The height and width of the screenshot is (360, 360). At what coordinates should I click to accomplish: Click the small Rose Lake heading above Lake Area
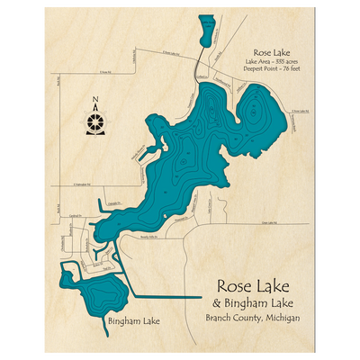click(x=271, y=54)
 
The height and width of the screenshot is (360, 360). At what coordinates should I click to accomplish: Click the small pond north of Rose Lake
click(x=206, y=31)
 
